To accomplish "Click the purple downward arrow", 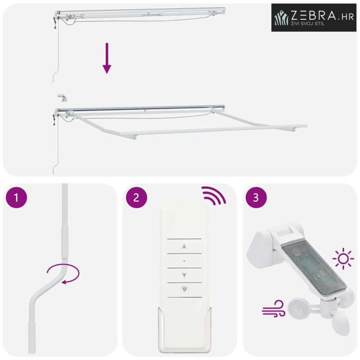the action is click(107, 58).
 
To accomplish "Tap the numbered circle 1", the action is click(16, 197).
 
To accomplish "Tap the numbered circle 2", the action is click(136, 197).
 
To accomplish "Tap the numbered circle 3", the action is click(256, 197).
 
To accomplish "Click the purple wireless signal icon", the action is click(213, 196).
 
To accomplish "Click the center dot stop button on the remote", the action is click(184, 261).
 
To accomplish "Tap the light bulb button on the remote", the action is click(184, 289).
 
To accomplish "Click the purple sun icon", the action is click(343, 258).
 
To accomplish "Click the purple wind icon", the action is click(273, 308).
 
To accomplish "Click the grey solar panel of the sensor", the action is click(314, 270).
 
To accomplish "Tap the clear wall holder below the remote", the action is click(184, 331).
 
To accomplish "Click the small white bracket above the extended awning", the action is click(62, 97).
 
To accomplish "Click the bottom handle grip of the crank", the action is click(32, 338).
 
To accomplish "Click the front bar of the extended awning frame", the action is click(213, 131).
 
